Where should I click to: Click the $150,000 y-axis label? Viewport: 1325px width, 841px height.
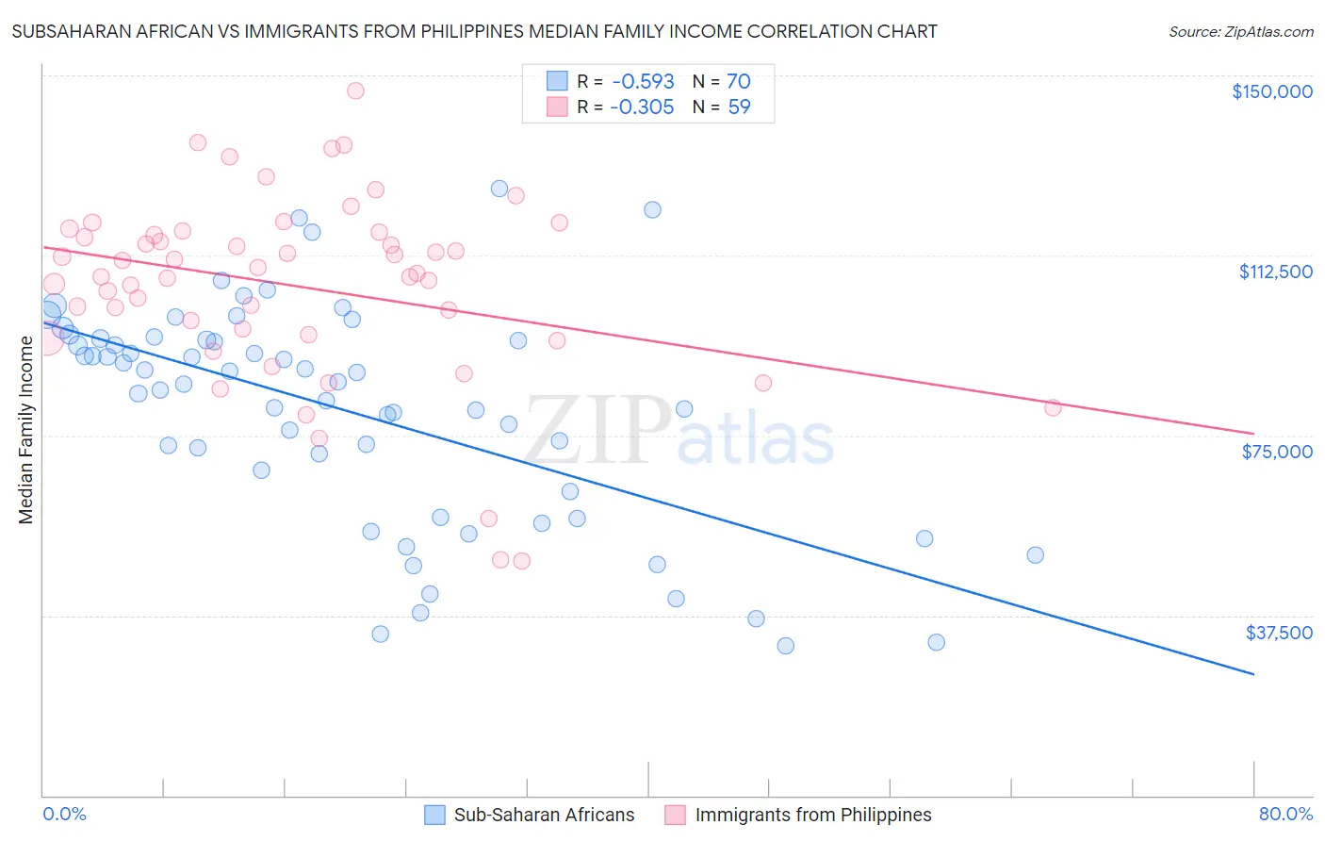[x=1271, y=91]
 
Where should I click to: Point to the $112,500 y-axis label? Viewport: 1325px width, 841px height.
[x=1275, y=272]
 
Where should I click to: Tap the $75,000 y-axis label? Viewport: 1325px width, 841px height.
[x=1277, y=452]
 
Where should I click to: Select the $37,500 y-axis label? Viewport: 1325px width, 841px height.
[x=1279, y=633]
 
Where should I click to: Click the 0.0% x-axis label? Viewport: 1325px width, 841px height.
[x=64, y=814]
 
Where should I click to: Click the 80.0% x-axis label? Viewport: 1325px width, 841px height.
[x=1285, y=814]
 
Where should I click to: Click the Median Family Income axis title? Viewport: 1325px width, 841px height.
[x=26, y=429]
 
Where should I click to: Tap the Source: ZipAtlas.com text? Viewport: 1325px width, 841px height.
[x=1240, y=32]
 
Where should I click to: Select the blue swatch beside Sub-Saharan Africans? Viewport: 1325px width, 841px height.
[x=434, y=815]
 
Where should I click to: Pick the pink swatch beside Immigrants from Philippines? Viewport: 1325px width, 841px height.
[x=675, y=815]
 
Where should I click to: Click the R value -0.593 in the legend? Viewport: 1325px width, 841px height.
[x=642, y=82]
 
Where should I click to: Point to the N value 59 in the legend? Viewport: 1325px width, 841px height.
[x=739, y=107]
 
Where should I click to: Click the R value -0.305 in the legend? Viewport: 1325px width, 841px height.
[x=642, y=107]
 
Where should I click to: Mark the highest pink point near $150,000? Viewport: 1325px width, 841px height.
[x=355, y=91]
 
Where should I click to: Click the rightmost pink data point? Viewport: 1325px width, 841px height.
[x=1053, y=407]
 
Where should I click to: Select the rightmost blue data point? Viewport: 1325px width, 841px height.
[x=1035, y=555]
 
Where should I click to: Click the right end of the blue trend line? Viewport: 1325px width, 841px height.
[x=1253, y=674]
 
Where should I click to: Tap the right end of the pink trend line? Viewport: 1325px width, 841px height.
[x=1253, y=434]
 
